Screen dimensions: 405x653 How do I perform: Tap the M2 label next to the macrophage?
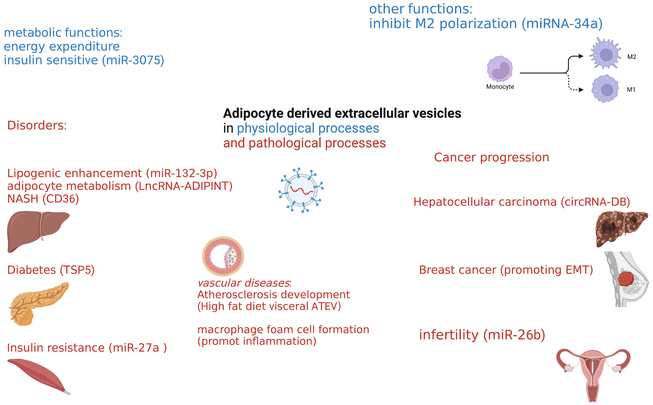click(x=632, y=57)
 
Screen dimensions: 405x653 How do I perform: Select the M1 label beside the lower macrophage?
click(x=631, y=89)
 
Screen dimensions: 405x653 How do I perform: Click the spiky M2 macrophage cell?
click(x=605, y=53)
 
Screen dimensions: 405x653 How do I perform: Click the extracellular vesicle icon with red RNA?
click(x=301, y=190)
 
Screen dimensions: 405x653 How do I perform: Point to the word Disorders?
click(x=37, y=125)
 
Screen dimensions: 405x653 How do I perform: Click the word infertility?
click(x=449, y=335)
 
